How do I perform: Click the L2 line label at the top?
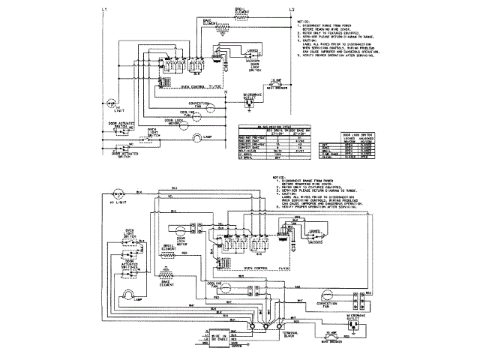pos(292,8)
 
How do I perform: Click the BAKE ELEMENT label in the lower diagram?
pos(166,284)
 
